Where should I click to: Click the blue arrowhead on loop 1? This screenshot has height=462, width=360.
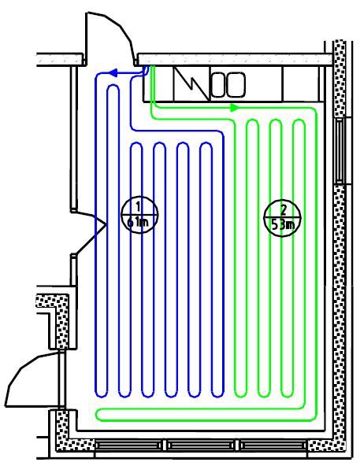(113, 72)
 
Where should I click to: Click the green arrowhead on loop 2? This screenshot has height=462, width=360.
(235, 108)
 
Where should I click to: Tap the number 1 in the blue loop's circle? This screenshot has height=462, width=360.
(138, 206)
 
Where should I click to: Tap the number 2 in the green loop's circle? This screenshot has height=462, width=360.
(283, 209)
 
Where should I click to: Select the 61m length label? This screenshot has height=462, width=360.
(138, 222)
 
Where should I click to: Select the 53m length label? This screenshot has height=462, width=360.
(283, 225)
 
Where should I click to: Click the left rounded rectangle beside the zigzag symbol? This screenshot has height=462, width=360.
(219, 85)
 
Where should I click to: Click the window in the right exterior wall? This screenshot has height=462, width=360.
(340, 150)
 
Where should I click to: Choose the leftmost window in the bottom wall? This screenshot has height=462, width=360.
(128, 445)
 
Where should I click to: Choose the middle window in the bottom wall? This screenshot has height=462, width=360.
(201, 445)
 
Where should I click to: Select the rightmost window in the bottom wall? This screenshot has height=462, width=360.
(273, 445)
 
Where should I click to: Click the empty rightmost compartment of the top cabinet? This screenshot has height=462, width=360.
(301, 83)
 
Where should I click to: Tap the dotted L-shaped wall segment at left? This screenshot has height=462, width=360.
(57, 320)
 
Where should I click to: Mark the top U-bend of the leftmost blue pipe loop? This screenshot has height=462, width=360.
(113, 87)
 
